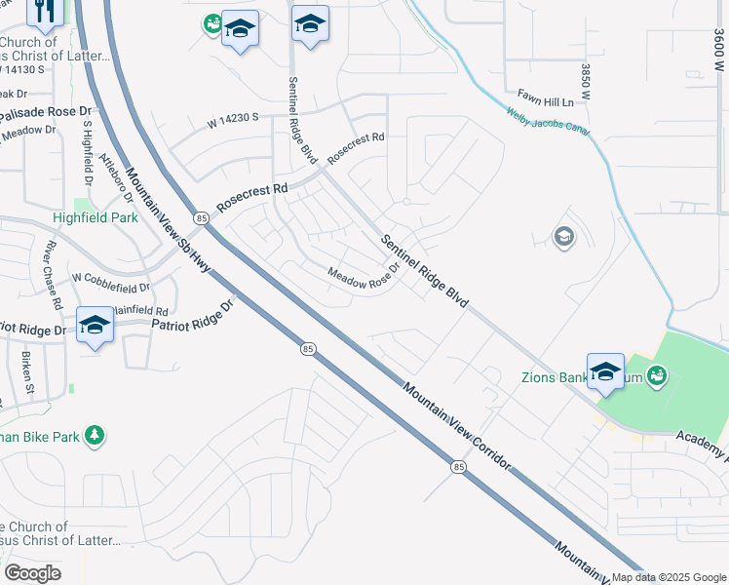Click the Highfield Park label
[x=96, y=218]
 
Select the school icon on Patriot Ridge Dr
[x=95, y=326]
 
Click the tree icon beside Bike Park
[x=95, y=435]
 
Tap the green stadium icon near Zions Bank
[x=659, y=374]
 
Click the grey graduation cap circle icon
[x=563, y=237]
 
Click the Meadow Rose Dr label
[x=363, y=278]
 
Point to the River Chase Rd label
[x=48, y=262]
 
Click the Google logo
[x=33, y=572]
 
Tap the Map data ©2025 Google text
[x=669, y=577]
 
